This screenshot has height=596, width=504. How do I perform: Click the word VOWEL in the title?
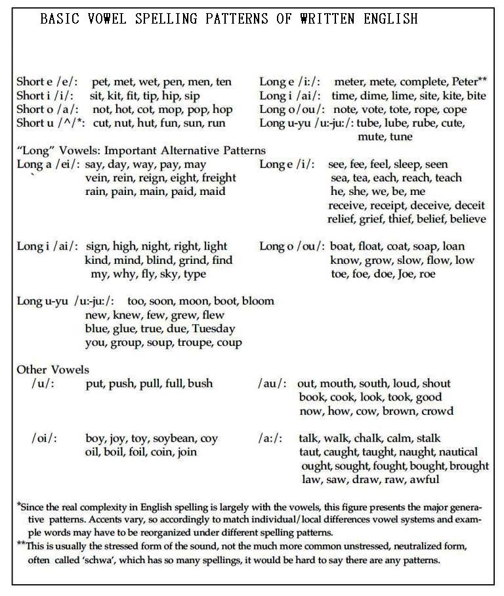click(115, 19)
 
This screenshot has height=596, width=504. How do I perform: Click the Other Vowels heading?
click(52, 370)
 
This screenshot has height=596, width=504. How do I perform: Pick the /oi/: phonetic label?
click(43, 438)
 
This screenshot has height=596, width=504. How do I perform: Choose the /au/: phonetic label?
click(272, 383)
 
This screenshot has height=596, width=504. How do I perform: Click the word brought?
click(465, 466)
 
